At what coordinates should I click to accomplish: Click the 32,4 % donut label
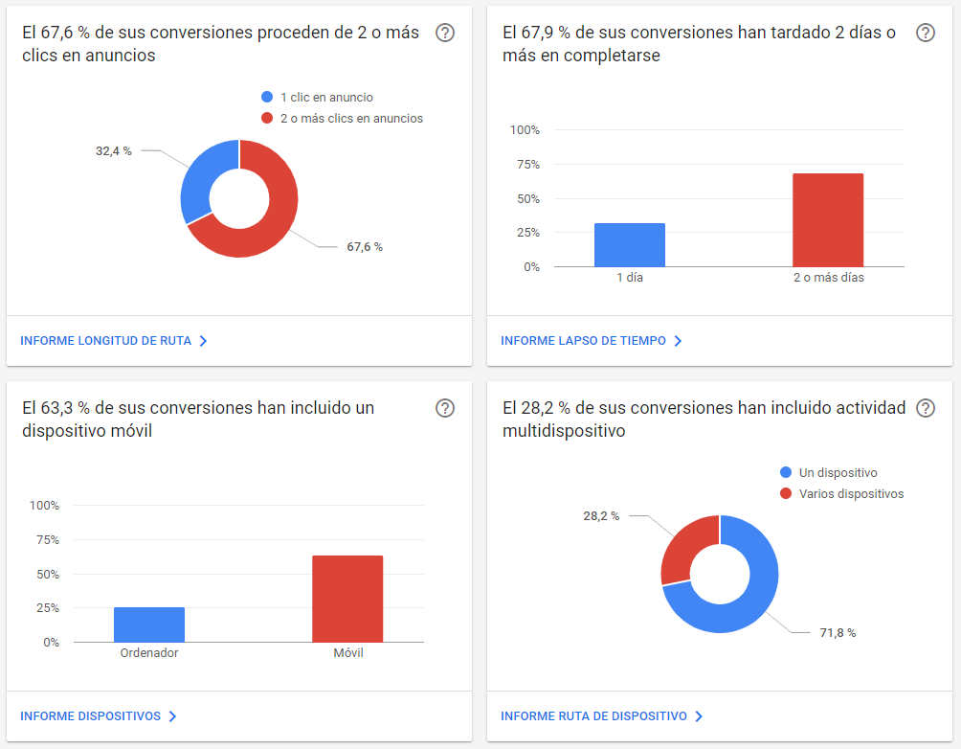coord(113,151)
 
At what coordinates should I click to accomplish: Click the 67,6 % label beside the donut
coord(365,246)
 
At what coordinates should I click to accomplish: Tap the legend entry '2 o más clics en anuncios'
coord(342,119)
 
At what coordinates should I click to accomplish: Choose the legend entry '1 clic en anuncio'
coord(317,97)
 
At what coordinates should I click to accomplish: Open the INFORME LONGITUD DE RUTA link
coord(114,340)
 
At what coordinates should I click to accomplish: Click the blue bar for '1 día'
coord(630,245)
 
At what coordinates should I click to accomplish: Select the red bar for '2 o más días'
coord(828,220)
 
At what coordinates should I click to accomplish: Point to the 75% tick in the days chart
coord(528,165)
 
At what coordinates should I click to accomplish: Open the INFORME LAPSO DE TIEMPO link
coord(592,340)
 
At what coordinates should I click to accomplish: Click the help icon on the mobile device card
coord(445,408)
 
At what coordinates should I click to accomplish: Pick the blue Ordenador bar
coord(149,624)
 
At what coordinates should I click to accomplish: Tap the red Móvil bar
coord(347,599)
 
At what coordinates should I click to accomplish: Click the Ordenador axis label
coord(149,652)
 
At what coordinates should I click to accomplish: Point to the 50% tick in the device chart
coord(48,574)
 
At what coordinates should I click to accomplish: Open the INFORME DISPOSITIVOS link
coord(99,715)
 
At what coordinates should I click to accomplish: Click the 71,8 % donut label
coord(838,632)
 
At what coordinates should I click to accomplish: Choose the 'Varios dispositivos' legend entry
coord(841,494)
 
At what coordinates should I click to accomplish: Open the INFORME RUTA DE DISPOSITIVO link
coord(602,715)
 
